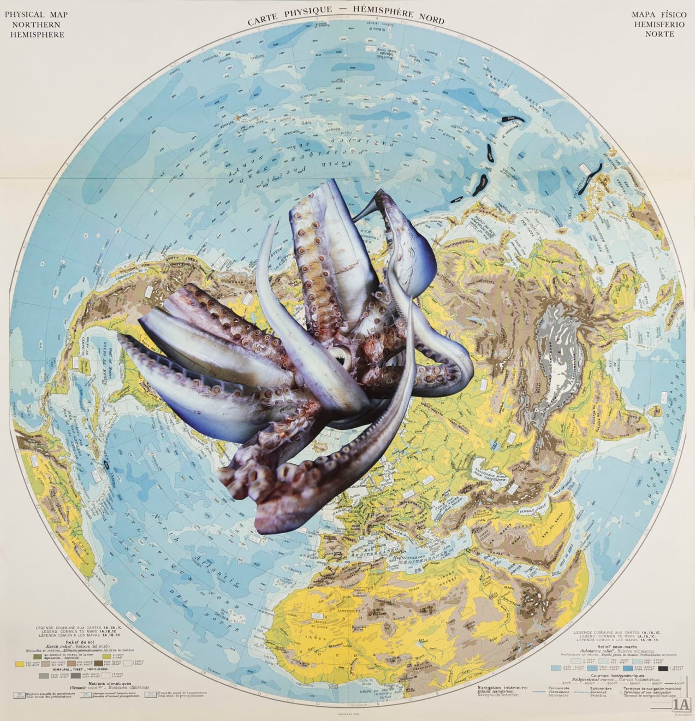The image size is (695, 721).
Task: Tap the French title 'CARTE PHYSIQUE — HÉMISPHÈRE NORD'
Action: (346, 17)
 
